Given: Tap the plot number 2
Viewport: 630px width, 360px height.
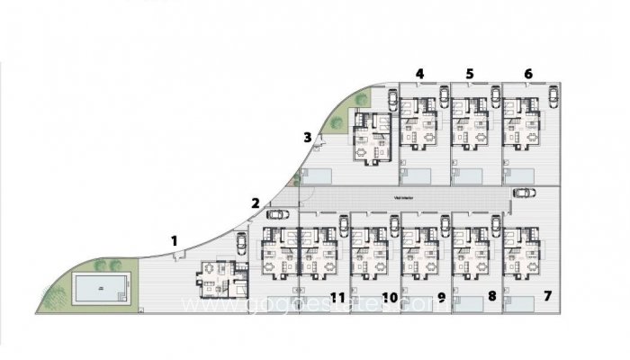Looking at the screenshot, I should click(256, 202).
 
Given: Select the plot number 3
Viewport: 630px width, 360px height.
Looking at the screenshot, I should click(307, 138).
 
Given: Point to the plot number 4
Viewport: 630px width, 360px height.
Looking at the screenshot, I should click(419, 73).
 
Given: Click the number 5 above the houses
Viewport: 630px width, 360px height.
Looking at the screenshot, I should click(470, 73).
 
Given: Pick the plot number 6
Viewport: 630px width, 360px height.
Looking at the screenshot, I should click(527, 73).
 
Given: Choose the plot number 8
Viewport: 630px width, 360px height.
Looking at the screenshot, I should click(491, 295).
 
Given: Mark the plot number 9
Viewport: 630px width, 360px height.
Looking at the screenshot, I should click(441, 295).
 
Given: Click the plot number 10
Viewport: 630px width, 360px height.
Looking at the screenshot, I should click(390, 295).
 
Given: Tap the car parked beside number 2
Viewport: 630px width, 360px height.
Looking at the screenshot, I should click(276, 214).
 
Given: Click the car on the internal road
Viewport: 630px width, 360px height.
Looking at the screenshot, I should click(522, 192).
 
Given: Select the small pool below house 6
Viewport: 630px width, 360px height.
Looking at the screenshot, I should click(521, 173).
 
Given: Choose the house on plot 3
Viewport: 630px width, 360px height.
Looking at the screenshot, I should click(371, 137).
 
